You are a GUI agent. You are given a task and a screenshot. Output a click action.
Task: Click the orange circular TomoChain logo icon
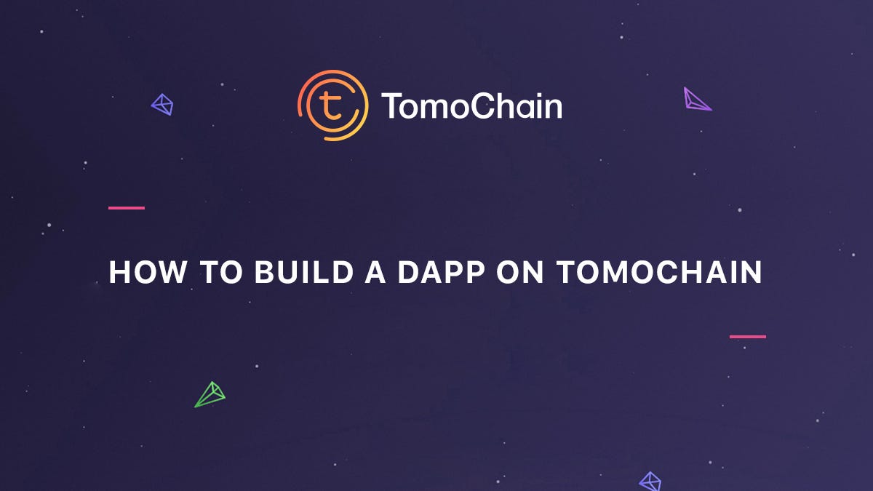332,105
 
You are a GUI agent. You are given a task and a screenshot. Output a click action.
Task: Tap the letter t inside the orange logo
332,106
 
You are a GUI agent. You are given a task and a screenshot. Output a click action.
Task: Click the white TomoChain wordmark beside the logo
471,106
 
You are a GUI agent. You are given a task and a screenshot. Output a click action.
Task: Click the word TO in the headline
218,272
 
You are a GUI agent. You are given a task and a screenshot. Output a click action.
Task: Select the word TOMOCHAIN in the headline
660,272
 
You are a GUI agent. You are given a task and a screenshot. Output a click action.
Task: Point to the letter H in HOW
118,272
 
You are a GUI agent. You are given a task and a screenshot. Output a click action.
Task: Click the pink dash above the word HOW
127,208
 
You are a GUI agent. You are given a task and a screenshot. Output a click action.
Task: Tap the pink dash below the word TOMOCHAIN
748,337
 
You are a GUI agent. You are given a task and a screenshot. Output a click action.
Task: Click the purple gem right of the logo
696,100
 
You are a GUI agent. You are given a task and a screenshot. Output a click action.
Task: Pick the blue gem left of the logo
162,105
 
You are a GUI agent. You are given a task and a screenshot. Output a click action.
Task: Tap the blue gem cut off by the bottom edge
650,482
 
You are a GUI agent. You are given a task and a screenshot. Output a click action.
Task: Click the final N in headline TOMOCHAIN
752,272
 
